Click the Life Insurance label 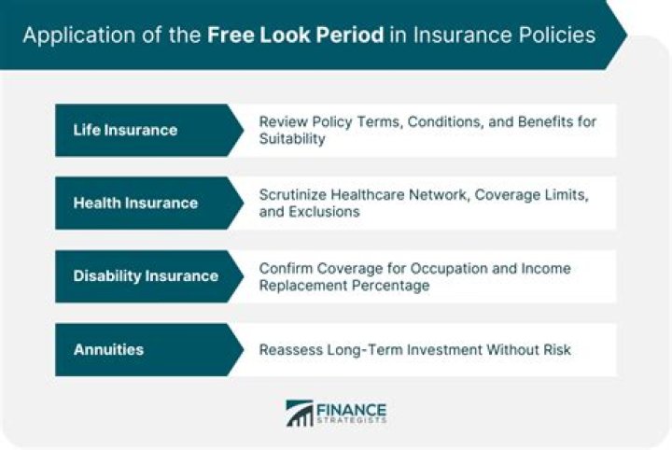tap(125, 130)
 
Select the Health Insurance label tap(135, 203)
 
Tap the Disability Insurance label tap(146, 275)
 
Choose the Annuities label tap(108, 349)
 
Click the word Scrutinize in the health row tap(294, 194)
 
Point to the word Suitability tap(291, 139)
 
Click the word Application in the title tap(69, 35)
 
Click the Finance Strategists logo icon tap(300, 413)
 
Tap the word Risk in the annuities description tap(555, 350)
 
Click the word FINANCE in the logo tap(351, 407)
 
